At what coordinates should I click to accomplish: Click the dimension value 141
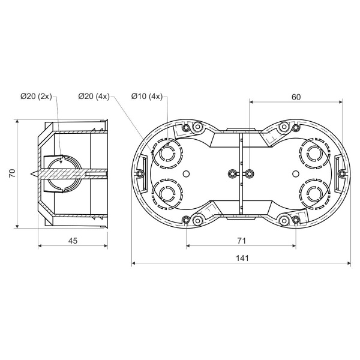(242, 258)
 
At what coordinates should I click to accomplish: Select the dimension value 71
(242, 241)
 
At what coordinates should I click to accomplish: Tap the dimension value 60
(296, 97)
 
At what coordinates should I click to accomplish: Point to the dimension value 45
(73, 241)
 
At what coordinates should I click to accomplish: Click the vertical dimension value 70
(12, 173)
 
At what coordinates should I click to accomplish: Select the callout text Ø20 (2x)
(36, 97)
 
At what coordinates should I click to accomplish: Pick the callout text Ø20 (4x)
(94, 97)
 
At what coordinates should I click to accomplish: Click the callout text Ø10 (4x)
(147, 97)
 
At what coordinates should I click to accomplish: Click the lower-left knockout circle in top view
(167, 194)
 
